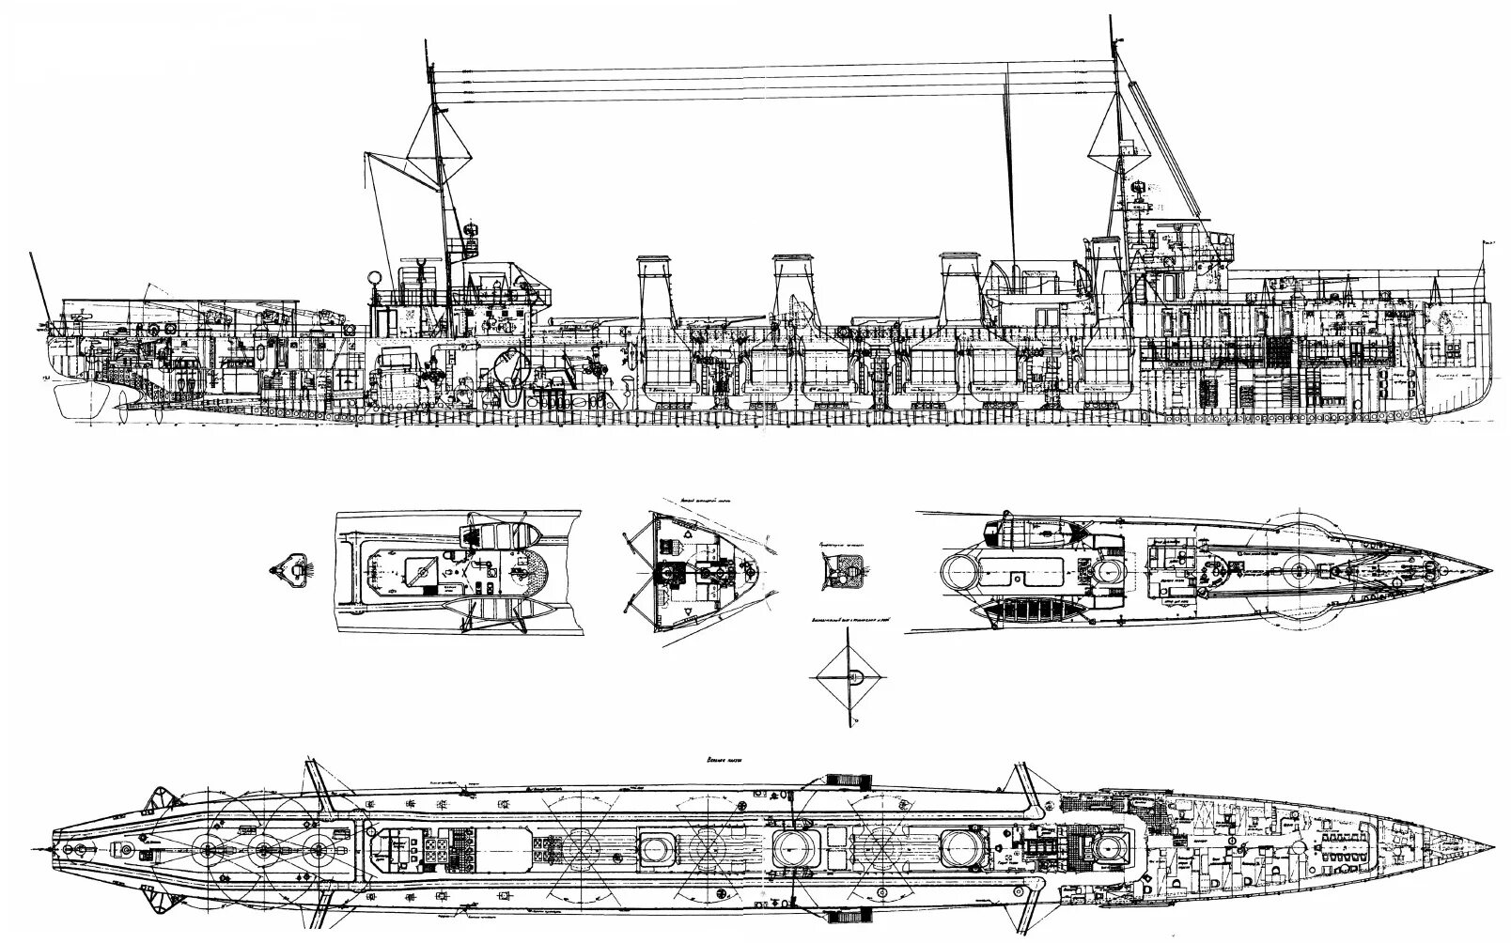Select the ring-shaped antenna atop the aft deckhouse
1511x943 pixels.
(x=375, y=277)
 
